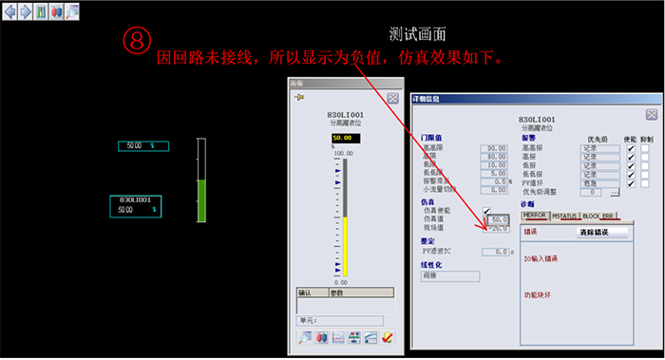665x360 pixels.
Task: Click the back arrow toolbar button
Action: pyautogui.click(x=9, y=11)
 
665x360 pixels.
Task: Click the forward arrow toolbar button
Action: pyautogui.click(x=25, y=11)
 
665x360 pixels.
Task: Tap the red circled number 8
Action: pyautogui.click(x=138, y=41)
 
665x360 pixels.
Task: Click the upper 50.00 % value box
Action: pyautogui.click(x=142, y=145)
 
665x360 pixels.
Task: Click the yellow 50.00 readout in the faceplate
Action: pyautogui.click(x=341, y=138)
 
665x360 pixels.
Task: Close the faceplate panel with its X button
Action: pyautogui.click(x=391, y=84)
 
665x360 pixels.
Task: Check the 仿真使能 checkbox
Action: pyautogui.click(x=487, y=210)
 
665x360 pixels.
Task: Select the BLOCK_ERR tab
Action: pyautogui.click(x=598, y=216)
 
